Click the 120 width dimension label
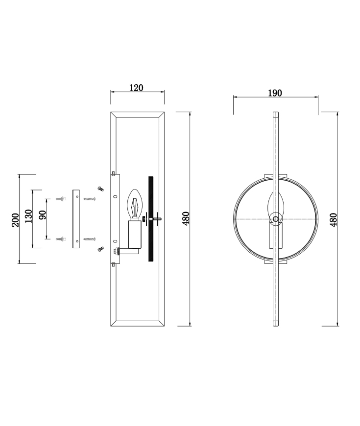coord(136,88)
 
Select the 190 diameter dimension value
coord(275,93)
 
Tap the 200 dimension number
coord(16,220)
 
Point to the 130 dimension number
coord(29,216)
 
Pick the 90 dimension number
coord(43,214)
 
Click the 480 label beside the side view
coord(186,218)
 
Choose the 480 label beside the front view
coord(333,219)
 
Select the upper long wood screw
coord(90,199)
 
